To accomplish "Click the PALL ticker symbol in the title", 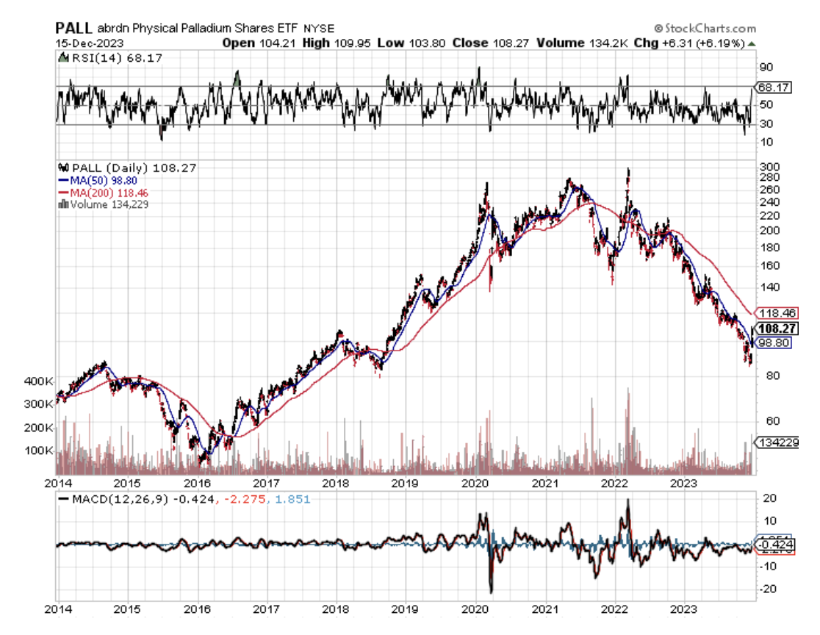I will [73, 28].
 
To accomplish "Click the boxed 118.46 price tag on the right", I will [776, 312].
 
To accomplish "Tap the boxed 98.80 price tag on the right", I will [774, 343].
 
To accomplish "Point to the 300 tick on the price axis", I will [768, 166].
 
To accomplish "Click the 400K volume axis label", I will [38, 381].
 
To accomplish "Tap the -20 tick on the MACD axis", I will [768, 589].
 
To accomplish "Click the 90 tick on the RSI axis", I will [766, 66].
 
